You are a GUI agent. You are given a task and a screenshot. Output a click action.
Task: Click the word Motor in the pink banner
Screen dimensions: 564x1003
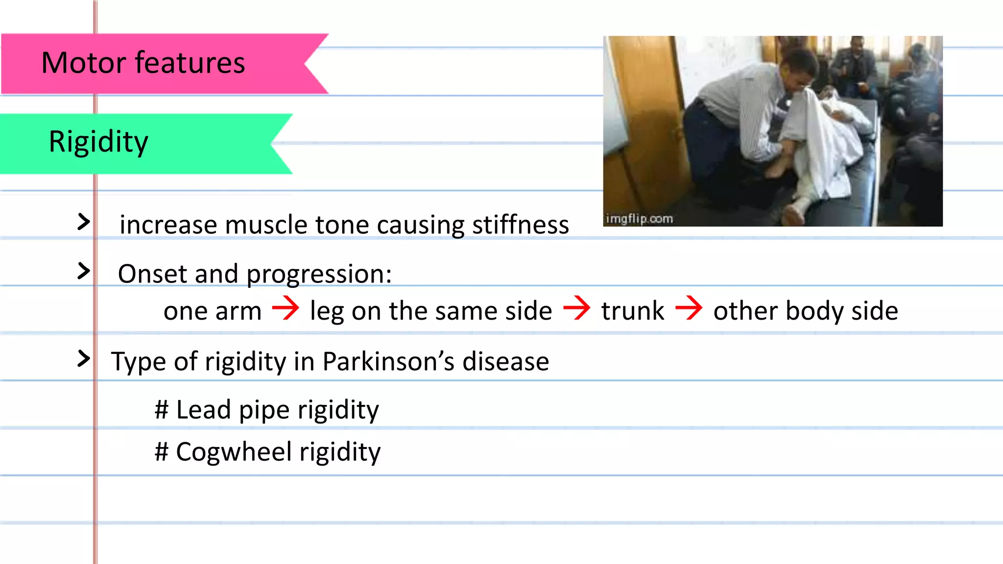point(84,63)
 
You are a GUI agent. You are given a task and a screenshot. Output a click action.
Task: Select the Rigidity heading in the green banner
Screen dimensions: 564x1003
point(98,142)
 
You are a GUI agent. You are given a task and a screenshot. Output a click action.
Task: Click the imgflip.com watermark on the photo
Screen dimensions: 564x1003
point(639,219)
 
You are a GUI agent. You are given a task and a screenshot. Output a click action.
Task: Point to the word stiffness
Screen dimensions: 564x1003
point(520,225)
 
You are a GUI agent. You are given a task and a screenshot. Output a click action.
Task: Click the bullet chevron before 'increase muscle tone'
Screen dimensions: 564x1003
point(84,222)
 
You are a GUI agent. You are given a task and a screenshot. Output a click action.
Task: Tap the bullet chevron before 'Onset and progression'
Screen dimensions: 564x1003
point(84,271)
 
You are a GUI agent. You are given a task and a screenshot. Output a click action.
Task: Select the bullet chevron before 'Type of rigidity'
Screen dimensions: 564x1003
point(84,359)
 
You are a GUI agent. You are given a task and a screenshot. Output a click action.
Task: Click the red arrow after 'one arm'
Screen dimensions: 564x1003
point(286,308)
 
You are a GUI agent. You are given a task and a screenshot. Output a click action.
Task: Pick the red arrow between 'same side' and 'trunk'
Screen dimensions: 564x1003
point(577,308)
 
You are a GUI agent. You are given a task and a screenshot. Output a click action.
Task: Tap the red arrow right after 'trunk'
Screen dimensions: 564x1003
point(689,308)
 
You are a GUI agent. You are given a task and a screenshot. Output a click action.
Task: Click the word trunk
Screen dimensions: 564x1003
point(632,311)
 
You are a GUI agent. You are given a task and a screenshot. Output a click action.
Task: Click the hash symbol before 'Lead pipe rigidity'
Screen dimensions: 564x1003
point(162,410)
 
